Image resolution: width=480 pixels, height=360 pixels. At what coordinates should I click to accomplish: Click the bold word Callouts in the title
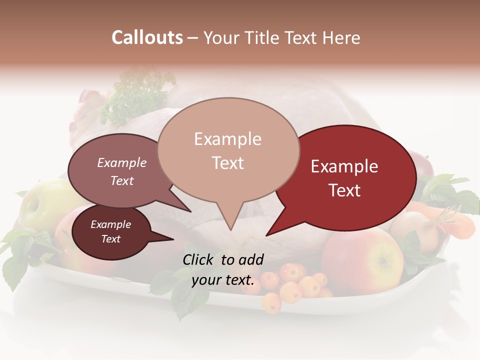tap(147, 37)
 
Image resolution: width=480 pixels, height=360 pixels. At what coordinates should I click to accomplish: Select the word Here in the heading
tap(342, 38)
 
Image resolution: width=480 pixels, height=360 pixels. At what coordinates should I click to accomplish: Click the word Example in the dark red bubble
tap(344, 166)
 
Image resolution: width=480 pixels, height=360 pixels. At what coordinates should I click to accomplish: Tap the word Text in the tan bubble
tap(228, 163)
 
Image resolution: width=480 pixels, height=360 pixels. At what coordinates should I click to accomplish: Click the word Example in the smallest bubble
tap(110, 224)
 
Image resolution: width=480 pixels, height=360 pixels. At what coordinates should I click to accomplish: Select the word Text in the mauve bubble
tap(122, 180)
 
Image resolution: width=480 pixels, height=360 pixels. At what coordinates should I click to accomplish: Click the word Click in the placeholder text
tap(199, 259)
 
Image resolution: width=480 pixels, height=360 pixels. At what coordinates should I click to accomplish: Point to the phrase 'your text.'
tap(223, 280)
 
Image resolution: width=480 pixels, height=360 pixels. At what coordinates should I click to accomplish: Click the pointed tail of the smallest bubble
tap(172, 239)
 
